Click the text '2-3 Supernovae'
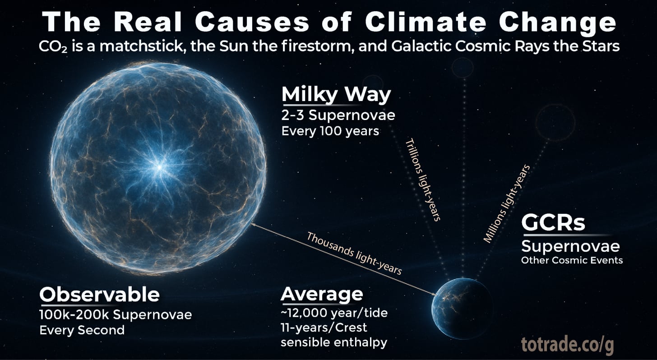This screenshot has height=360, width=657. [338, 115]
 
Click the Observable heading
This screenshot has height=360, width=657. [100, 295]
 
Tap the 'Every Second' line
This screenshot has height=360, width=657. [82, 330]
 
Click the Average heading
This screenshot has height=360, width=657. [322, 294]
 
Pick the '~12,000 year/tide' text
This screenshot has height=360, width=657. [333, 312]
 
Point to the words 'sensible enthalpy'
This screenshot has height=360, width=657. [334, 342]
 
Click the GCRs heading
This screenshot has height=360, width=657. [553, 222]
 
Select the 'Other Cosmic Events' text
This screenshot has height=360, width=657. [572, 260]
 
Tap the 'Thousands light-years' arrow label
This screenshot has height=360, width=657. [354, 254]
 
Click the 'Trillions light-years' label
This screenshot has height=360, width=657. [422, 180]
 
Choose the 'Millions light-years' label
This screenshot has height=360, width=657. [507, 203]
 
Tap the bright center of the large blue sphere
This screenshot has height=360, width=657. [159, 167]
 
